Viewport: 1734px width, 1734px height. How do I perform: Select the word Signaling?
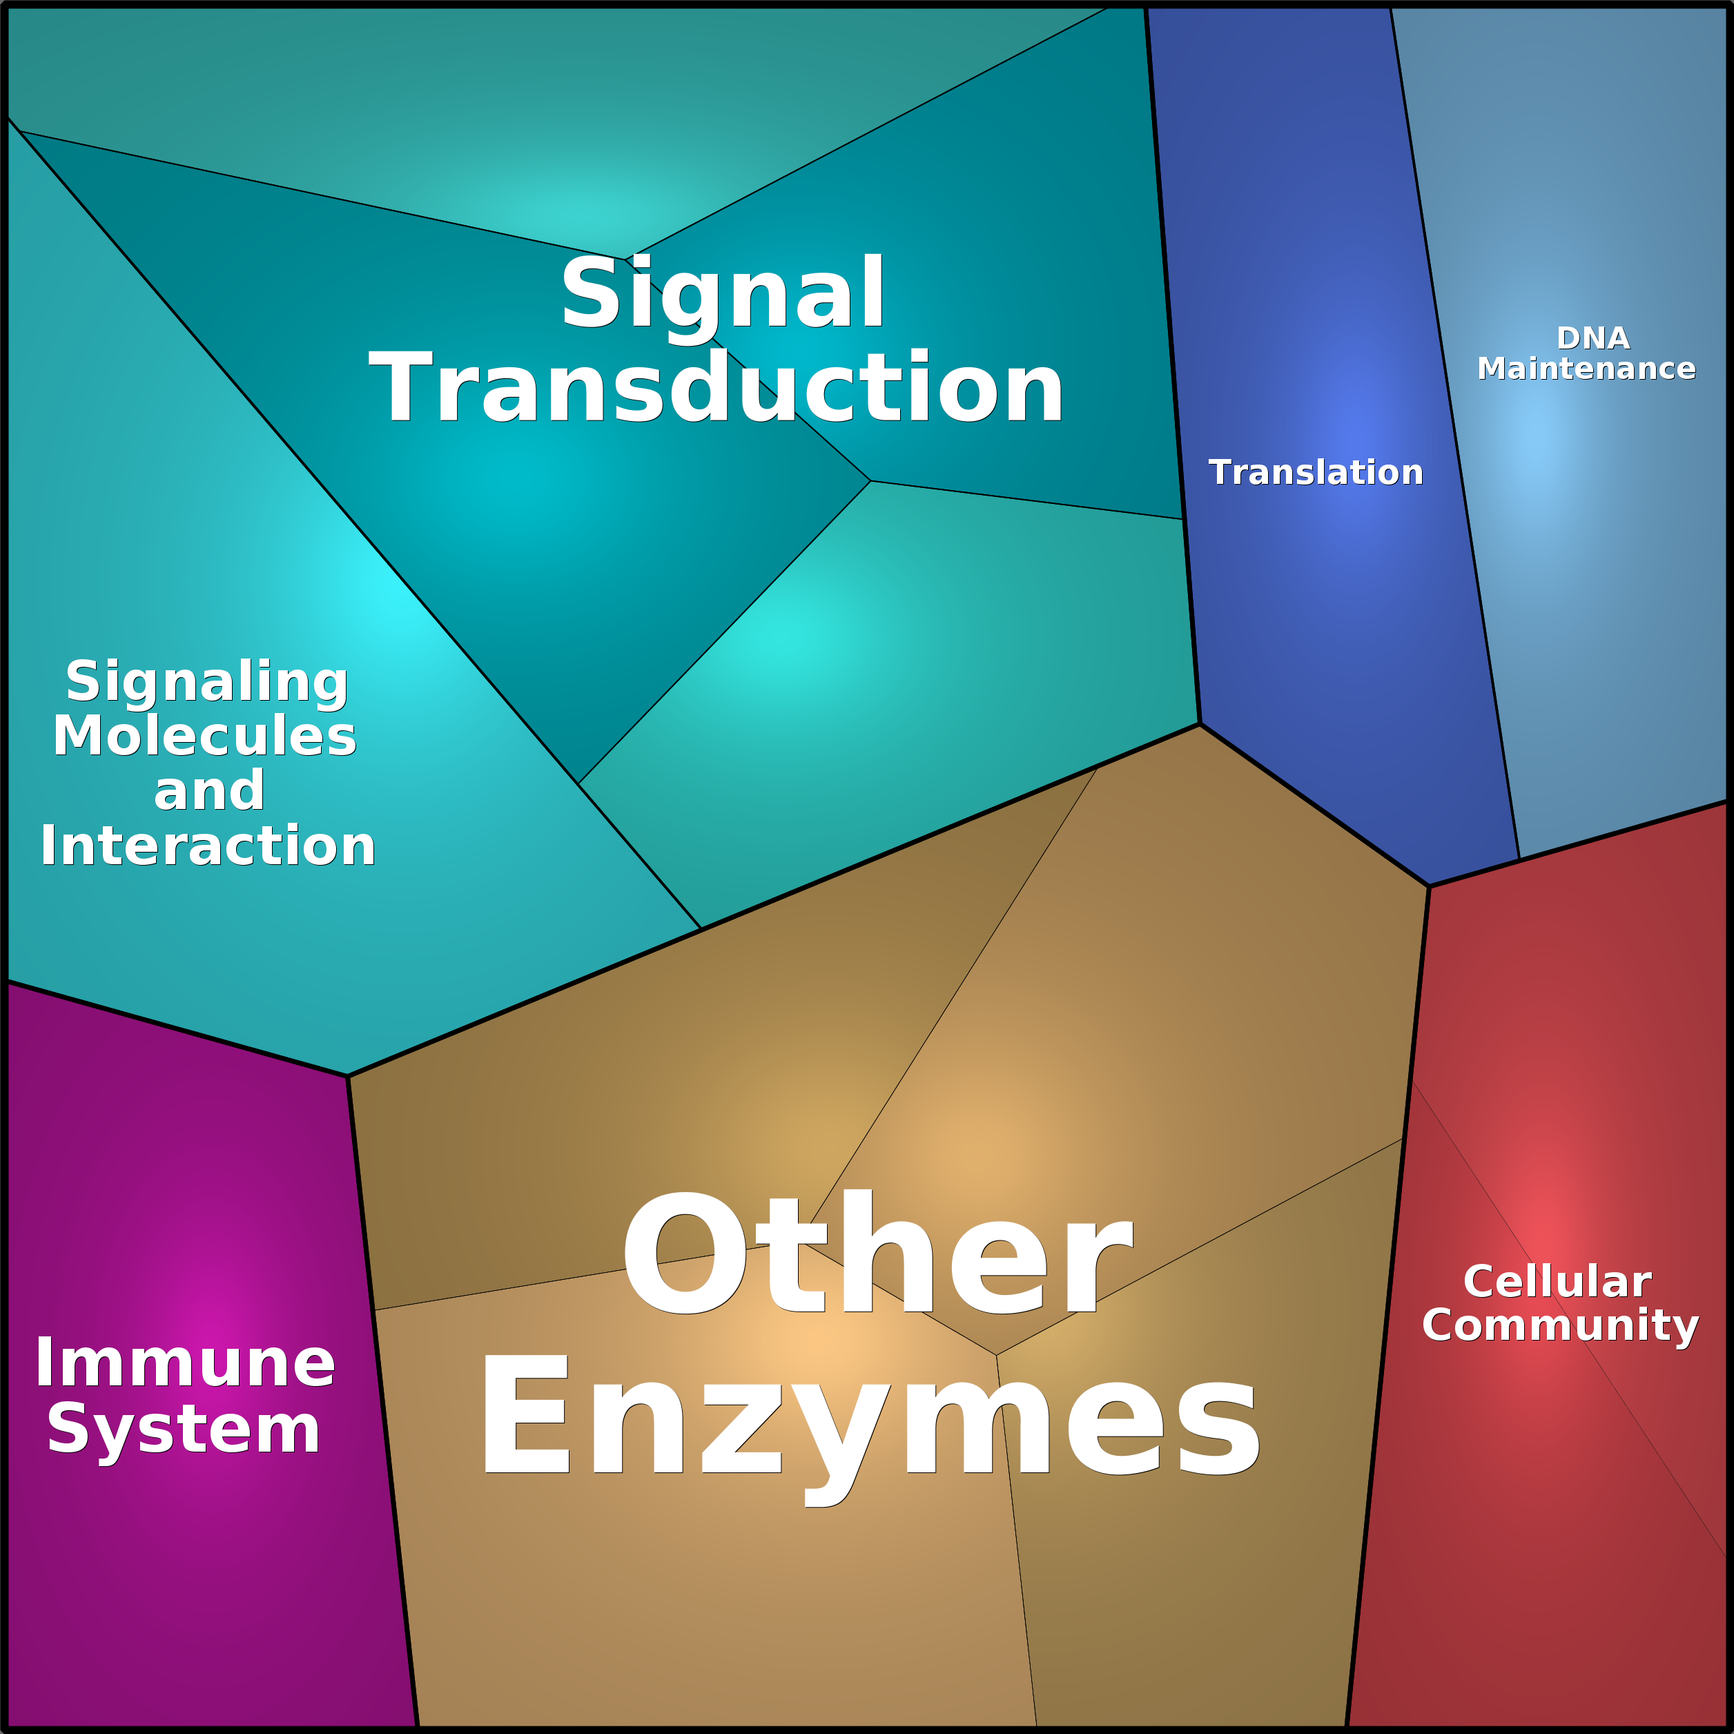point(207,683)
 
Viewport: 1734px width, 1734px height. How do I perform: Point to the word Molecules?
point(204,736)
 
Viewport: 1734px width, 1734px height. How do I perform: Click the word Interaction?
point(207,846)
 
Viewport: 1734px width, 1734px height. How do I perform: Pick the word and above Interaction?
point(209,790)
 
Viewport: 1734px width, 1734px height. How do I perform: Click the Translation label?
point(1316,472)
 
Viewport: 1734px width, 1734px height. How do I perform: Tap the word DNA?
point(1593,338)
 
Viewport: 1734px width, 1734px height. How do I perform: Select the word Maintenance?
point(1586,368)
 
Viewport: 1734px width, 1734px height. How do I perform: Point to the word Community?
point(1561,1325)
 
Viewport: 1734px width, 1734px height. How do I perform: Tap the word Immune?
point(185,1363)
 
